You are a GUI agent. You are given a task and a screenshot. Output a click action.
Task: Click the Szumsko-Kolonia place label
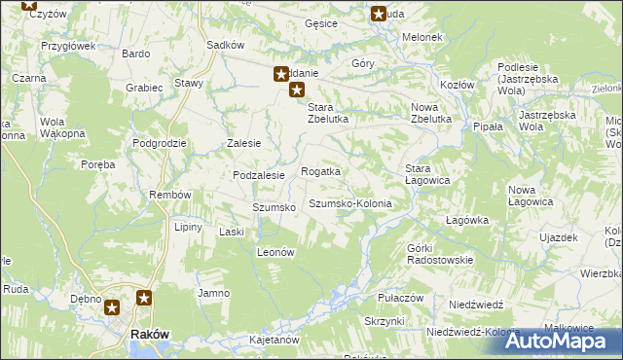coord(349,204)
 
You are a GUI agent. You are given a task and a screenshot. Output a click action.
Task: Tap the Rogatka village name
coord(320,171)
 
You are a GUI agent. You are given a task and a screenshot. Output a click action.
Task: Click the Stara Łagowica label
coord(426,174)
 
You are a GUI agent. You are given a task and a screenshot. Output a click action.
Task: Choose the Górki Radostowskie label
coord(439,254)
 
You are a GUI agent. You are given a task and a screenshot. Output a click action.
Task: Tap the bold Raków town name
coord(150,334)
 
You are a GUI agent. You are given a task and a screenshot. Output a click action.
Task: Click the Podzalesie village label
coord(258,175)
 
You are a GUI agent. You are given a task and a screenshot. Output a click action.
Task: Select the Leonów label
coord(275,251)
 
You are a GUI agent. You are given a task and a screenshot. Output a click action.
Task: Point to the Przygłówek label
coord(67,46)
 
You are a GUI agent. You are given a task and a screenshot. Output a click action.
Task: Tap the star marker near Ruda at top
coord(379,14)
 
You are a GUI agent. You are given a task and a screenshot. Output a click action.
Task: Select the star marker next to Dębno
coord(112,308)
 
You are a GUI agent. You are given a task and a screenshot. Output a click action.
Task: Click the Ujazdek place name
coord(559,237)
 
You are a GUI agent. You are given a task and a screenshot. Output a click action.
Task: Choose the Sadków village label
coord(225,45)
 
